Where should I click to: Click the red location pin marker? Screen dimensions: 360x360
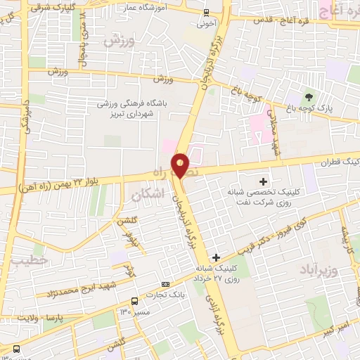(x=181, y=165)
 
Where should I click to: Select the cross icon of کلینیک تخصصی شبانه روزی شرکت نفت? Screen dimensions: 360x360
(x=264, y=181)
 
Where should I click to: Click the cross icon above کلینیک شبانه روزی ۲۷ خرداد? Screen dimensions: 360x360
(x=217, y=257)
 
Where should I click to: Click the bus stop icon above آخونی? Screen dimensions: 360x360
(x=205, y=12)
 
